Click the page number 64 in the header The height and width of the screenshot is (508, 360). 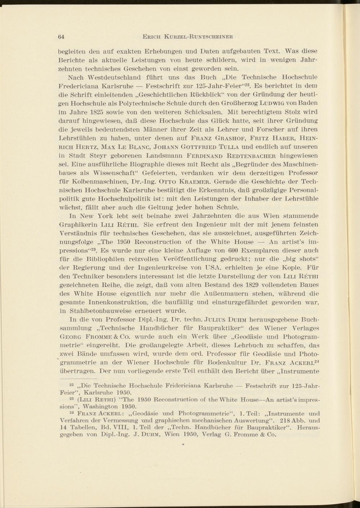tap(61, 36)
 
